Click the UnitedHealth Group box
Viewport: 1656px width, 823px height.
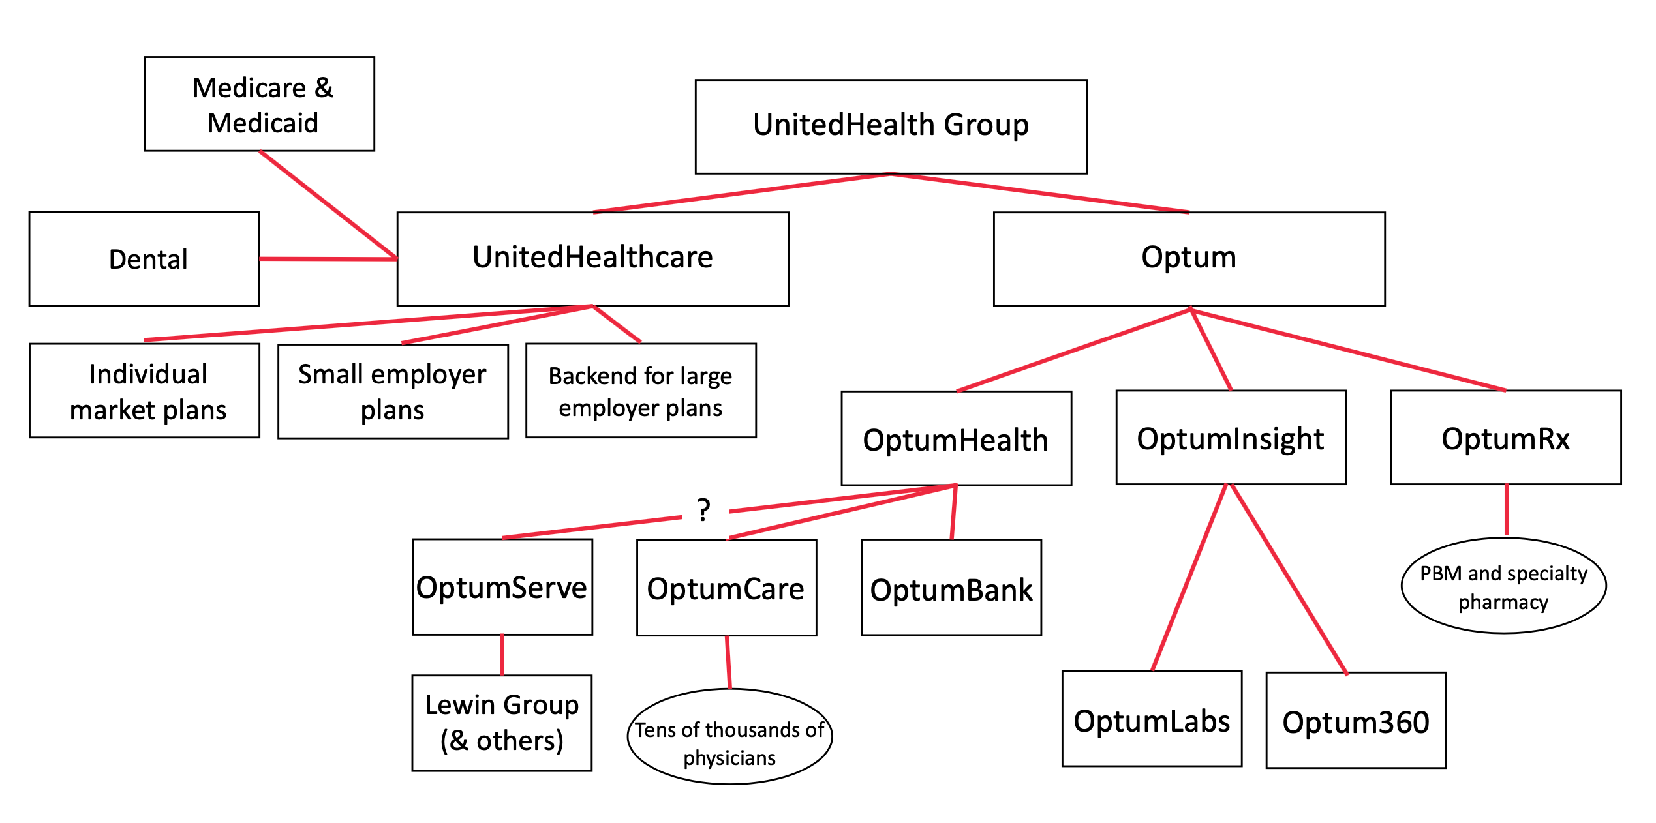point(891,127)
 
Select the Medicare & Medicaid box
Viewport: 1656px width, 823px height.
point(259,104)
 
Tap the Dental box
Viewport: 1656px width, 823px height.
point(144,259)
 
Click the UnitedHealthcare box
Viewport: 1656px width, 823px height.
point(592,259)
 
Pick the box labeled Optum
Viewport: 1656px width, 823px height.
point(1189,259)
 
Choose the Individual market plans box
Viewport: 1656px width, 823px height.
point(144,391)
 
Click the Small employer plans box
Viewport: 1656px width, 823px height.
point(393,391)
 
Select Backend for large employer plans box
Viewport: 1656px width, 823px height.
point(641,391)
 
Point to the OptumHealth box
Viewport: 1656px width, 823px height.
point(956,438)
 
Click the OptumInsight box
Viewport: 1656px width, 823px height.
point(1231,438)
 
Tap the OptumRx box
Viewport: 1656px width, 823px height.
point(1505,438)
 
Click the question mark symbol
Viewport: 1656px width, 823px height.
point(703,510)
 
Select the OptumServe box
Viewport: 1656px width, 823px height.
point(502,587)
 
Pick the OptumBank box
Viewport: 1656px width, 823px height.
point(951,588)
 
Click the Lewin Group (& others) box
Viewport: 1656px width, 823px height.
point(502,723)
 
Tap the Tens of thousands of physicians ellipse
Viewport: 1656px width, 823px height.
point(729,736)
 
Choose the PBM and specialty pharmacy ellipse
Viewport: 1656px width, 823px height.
point(1503,586)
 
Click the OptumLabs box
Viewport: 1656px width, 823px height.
point(1152,718)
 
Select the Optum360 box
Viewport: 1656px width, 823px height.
point(1356,720)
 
